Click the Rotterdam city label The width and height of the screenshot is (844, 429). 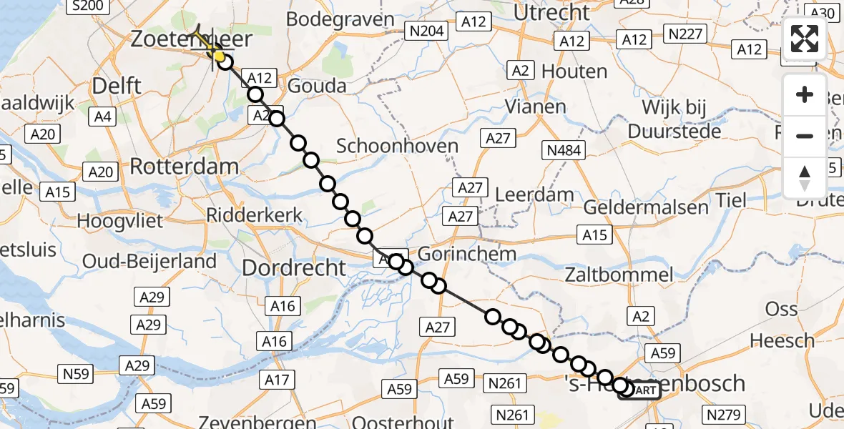pos(184,167)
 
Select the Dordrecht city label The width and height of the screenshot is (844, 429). pos(294,268)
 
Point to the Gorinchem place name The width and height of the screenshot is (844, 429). pos(466,254)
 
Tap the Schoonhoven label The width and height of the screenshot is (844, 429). pos(397,147)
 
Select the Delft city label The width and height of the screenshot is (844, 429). pos(117,87)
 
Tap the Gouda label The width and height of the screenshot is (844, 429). pos(317,87)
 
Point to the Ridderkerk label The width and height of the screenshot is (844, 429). pos(254,215)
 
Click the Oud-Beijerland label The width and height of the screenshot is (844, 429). pos(149,261)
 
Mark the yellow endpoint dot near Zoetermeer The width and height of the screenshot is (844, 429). pos(218,56)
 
